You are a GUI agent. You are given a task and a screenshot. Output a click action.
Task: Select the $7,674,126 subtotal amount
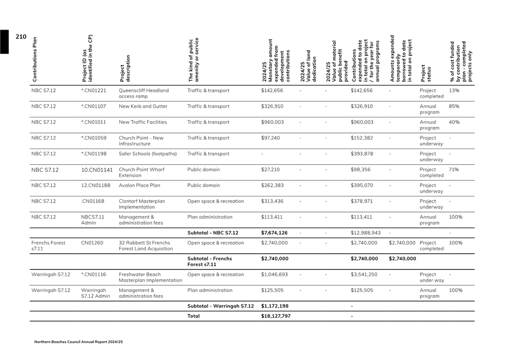(274, 233)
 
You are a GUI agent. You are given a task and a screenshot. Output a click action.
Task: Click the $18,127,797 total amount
(276, 315)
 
